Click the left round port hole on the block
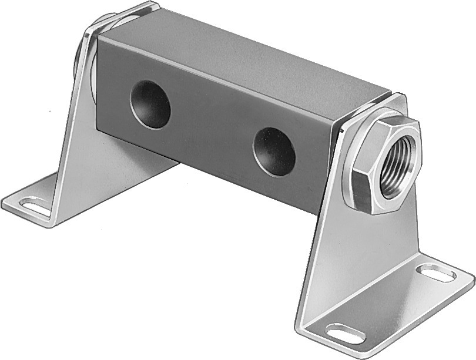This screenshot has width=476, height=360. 150,105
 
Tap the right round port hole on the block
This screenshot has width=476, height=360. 274,152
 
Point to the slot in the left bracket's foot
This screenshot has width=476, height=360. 35,206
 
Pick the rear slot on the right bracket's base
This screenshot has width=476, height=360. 435,272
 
